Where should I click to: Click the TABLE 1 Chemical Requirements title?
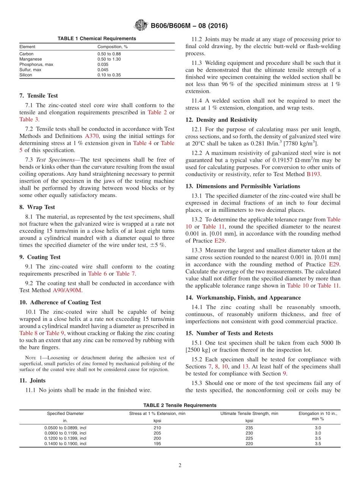(97, 39)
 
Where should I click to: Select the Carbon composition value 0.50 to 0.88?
(109, 54)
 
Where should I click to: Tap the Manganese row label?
(31, 59)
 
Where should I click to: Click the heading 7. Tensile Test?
(39, 95)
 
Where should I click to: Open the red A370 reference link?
(92, 136)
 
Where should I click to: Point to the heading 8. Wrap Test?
(37, 207)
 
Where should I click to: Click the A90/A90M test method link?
(67, 290)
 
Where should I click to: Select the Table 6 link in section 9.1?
(97, 274)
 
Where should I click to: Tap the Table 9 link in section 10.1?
(55, 333)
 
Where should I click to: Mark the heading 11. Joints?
(32, 380)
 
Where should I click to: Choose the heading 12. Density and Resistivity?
(221, 120)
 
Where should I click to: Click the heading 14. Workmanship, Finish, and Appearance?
(243, 297)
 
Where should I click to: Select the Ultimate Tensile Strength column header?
(249, 413)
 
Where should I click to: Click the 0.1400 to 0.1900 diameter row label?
(65, 444)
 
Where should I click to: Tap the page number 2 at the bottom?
(180, 466)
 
